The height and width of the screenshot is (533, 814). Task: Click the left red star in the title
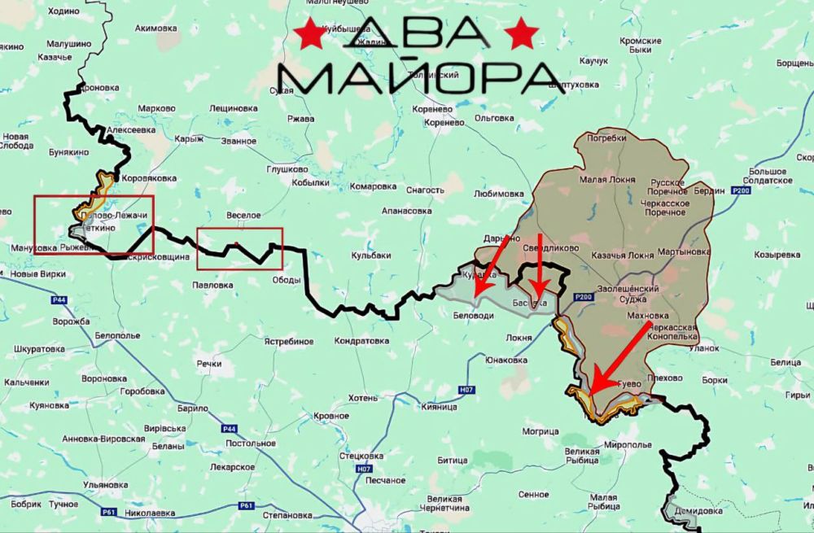tap(310, 35)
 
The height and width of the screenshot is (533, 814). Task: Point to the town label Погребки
tap(606, 138)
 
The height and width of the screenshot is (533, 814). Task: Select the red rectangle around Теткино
tap(93, 225)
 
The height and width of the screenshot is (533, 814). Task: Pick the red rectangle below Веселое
tap(239, 248)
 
